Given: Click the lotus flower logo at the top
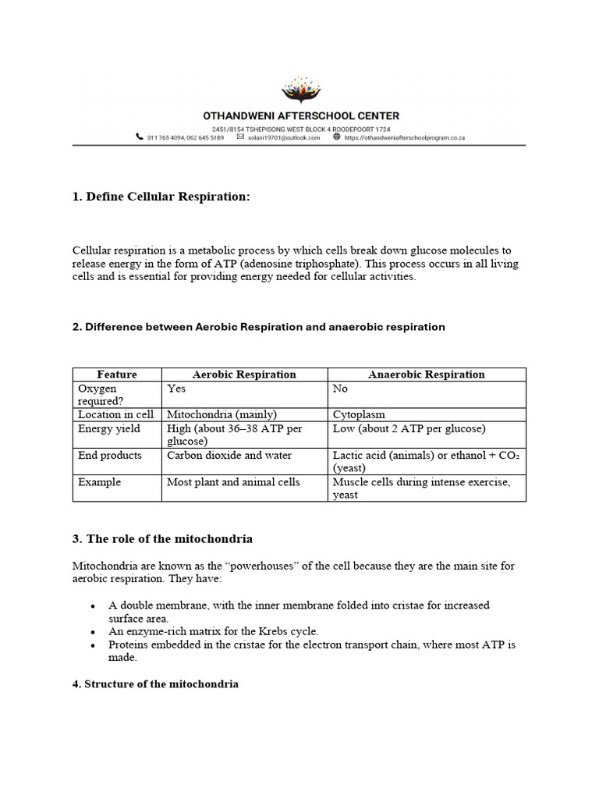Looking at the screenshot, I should click(x=299, y=91).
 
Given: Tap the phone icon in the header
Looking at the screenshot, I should click(x=140, y=137).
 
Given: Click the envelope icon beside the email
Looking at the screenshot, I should click(x=240, y=137).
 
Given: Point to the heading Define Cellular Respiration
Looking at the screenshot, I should click(x=161, y=197).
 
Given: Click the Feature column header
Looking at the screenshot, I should click(x=117, y=375).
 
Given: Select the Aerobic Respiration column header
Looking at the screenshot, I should click(x=244, y=375).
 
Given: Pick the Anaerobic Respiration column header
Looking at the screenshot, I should click(x=426, y=375).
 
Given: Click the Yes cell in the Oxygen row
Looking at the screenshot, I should click(x=176, y=389).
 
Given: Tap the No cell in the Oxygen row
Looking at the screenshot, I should click(x=340, y=389).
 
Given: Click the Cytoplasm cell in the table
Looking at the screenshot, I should click(x=359, y=415).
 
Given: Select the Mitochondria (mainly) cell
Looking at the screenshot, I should click(x=222, y=415).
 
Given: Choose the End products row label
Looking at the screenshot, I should click(x=110, y=456).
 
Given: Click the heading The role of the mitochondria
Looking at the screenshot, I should click(x=162, y=539).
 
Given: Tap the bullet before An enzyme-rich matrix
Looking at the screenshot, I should click(x=94, y=631).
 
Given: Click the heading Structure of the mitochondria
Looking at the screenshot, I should click(x=155, y=684).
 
